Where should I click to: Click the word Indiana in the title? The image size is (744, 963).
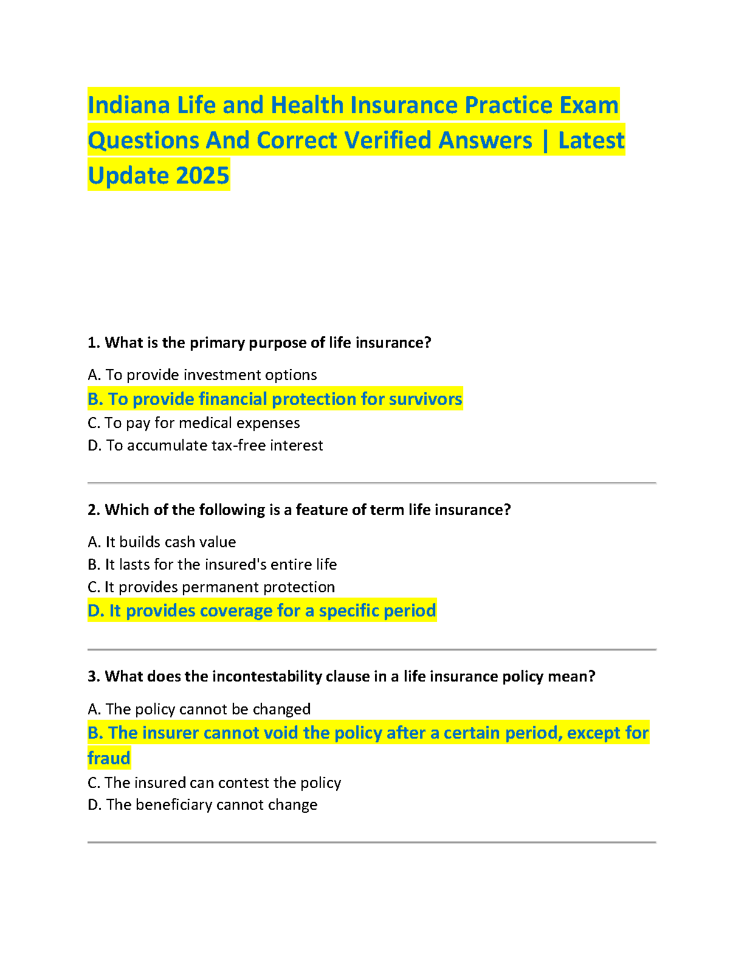tap(129, 105)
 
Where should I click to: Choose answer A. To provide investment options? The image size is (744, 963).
tap(202, 375)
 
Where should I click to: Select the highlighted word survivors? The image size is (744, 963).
tap(425, 399)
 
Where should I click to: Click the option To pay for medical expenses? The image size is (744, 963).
tap(194, 423)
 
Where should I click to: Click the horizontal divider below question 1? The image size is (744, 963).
tap(371, 483)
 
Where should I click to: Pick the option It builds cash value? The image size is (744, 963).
tap(162, 542)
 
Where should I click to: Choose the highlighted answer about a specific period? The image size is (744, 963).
tap(262, 610)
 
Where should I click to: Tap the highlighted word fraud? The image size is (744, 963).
tap(109, 758)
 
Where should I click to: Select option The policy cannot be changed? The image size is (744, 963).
tap(199, 709)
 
